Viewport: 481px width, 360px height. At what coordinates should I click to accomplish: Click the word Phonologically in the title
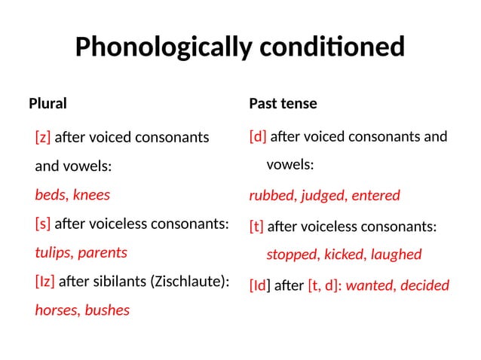pyautogui.click(x=163, y=47)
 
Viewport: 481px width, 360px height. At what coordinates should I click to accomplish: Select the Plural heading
pyautogui.click(x=47, y=103)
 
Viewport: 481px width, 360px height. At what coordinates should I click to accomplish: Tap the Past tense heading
pyautogui.click(x=283, y=103)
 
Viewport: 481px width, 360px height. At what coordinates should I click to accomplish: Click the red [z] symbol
pyautogui.click(x=43, y=138)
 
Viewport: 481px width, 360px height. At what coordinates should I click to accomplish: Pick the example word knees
pyautogui.click(x=92, y=195)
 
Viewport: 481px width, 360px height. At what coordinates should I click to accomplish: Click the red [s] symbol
pyautogui.click(x=43, y=224)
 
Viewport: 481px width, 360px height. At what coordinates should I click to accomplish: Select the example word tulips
pyautogui.click(x=54, y=252)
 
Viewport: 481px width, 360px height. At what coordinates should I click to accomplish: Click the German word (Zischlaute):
pyautogui.click(x=189, y=282)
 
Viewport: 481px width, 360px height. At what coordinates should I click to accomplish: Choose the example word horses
pyautogui.click(x=57, y=310)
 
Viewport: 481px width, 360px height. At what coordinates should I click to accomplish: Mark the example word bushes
pyautogui.click(x=107, y=310)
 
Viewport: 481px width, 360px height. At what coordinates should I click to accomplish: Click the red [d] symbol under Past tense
pyautogui.click(x=258, y=137)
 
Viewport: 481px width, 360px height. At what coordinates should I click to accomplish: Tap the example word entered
pyautogui.click(x=374, y=196)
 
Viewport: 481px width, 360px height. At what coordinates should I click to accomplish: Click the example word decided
pyautogui.click(x=425, y=285)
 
